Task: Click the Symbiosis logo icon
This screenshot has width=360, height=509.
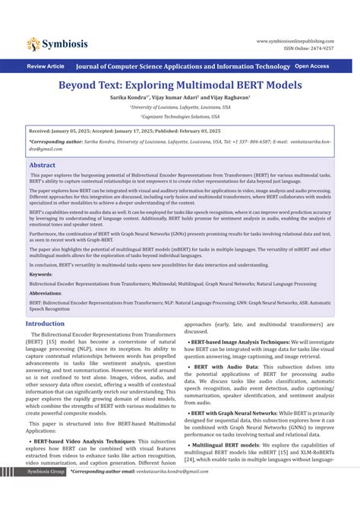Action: click(x=33, y=44)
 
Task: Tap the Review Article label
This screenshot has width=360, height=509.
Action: click(x=46, y=67)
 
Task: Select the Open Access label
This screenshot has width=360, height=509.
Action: click(x=312, y=66)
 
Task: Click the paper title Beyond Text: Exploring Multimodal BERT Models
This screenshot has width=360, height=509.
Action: click(x=180, y=86)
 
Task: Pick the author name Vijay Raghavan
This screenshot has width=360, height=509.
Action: click(x=229, y=98)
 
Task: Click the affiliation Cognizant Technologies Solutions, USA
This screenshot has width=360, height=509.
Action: click(x=180, y=116)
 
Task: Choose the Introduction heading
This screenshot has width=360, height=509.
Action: click(x=46, y=324)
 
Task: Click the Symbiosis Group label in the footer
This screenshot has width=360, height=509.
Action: click(x=46, y=493)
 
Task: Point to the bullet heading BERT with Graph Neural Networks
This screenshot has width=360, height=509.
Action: click(x=238, y=413)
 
